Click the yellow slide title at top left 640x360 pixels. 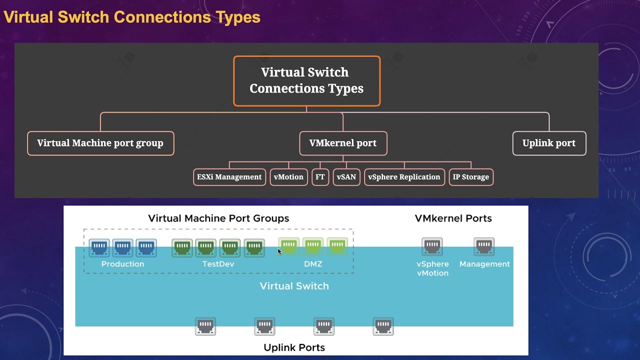click(x=132, y=17)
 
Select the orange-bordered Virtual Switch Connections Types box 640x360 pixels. click(x=306, y=80)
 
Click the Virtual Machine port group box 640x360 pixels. click(x=100, y=143)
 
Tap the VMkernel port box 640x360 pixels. click(x=343, y=143)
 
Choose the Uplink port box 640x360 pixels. click(x=549, y=143)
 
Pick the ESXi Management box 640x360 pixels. click(x=229, y=177)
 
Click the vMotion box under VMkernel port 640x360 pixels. click(x=288, y=177)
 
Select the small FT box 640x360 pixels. click(x=320, y=177)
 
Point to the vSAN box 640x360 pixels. click(x=346, y=177)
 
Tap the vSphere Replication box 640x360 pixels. click(x=404, y=177)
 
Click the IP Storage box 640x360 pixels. click(x=471, y=177)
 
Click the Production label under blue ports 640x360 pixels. click(x=122, y=264)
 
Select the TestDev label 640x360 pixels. click(x=218, y=264)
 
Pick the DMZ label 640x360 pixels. click(x=313, y=264)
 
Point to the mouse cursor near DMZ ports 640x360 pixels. click(x=279, y=251)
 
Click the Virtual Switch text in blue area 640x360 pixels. click(x=294, y=286)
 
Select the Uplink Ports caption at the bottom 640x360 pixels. click(x=294, y=347)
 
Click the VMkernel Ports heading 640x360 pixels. click(x=453, y=218)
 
